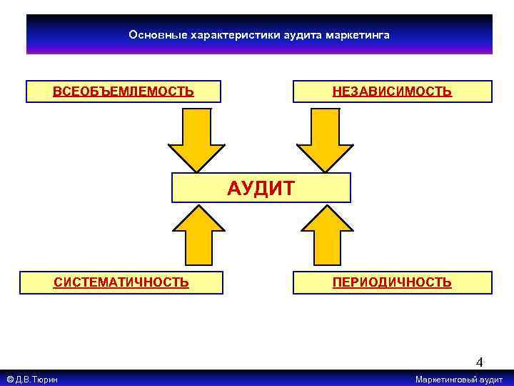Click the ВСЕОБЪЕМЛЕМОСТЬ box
[x=123, y=91]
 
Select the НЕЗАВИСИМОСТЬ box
[x=392, y=91]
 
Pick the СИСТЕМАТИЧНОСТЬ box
[x=121, y=282]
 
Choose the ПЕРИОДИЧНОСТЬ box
[x=392, y=282]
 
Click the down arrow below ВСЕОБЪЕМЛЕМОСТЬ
[x=196, y=139]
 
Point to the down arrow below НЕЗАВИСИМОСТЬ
[x=325, y=139]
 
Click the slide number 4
[x=480, y=362]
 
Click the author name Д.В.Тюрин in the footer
[x=38, y=380]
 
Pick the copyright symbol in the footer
[x=9, y=380]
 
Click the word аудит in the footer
[x=491, y=380]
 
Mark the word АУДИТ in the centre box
[x=261, y=189]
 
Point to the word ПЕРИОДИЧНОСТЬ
[x=392, y=282]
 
